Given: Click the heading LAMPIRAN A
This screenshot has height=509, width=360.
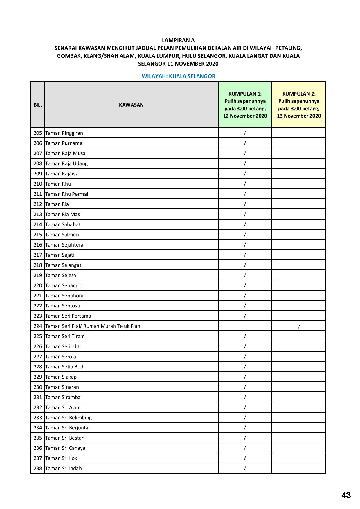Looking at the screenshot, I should (178, 40).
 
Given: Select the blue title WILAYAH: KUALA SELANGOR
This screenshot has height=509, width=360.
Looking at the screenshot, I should (178, 76).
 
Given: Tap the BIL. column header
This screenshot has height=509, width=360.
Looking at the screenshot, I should (38, 105).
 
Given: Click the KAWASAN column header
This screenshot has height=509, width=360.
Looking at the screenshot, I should (131, 105).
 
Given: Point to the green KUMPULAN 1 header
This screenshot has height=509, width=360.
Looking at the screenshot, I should (245, 105).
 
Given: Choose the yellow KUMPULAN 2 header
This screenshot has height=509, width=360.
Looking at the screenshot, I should (299, 105).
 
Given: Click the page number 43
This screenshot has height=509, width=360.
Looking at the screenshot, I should (346, 495).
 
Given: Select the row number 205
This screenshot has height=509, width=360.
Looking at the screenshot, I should (38, 133).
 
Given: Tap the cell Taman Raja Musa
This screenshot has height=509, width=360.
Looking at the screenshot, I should (65, 154).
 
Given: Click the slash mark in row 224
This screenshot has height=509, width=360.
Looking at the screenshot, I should (299, 326).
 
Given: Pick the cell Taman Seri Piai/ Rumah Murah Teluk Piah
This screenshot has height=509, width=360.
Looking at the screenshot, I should (93, 326).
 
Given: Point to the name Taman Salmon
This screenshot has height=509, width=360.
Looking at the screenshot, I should (62, 235).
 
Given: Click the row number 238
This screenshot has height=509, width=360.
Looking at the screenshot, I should (38, 469).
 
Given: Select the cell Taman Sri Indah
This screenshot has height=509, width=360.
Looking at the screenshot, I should (64, 469).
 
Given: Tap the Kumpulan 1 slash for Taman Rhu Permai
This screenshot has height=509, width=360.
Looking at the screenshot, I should (245, 194).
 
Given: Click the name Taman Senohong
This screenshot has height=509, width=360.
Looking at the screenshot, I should (65, 296).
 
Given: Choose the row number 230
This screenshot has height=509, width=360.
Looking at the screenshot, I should (38, 387).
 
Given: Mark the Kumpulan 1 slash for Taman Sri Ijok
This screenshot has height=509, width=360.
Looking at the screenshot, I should (245, 458).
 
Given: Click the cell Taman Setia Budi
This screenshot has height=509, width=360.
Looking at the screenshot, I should (65, 367).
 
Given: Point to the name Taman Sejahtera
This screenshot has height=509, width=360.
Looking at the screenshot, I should (64, 245).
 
